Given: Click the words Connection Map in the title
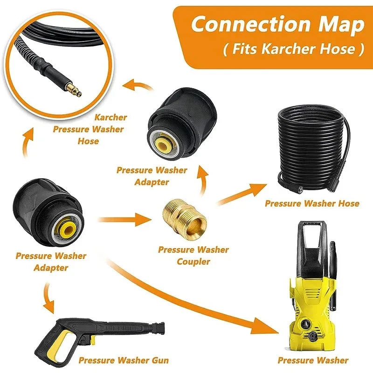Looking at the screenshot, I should (277, 25).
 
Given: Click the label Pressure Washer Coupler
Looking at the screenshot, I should (193, 256).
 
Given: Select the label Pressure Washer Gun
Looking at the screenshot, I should (124, 360).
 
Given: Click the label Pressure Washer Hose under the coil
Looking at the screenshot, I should (312, 203).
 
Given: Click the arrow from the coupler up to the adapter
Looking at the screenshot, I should (202, 180).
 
